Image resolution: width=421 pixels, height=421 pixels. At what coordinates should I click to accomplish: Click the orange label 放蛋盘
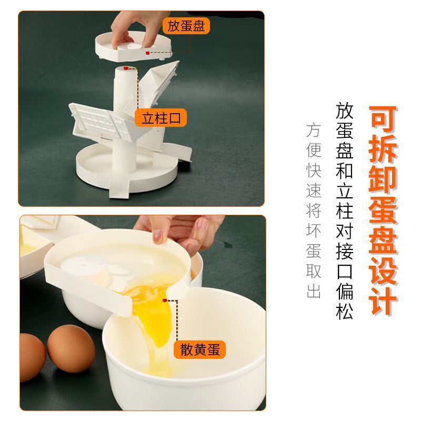[x=186, y=25]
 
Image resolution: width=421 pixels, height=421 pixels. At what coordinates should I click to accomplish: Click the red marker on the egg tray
[x=148, y=53]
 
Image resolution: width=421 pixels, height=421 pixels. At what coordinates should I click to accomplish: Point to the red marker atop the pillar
[x=126, y=68]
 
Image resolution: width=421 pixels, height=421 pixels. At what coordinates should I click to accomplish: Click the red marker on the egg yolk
[x=165, y=300]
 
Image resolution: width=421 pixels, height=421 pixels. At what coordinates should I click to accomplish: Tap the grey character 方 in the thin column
[x=313, y=131]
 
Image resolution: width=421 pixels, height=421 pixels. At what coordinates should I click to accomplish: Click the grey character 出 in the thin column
[x=313, y=292]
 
